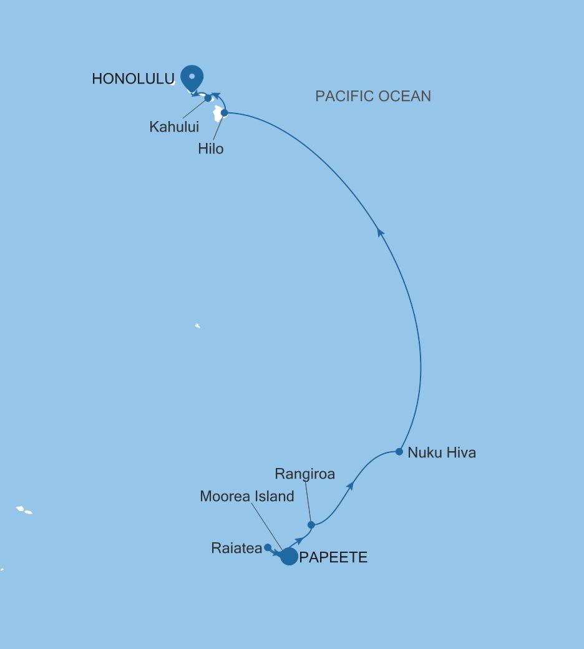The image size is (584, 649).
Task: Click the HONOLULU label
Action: pyautogui.click(x=132, y=79)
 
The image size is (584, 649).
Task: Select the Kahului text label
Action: pyautogui.click(x=174, y=127)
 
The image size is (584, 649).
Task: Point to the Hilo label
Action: pyautogui.click(x=211, y=149)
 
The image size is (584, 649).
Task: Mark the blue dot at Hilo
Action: pyautogui.click(x=225, y=113)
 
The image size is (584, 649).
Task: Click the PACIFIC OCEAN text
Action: pyautogui.click(x=373, y=96)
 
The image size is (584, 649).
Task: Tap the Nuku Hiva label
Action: pyautogui.click(x=442, y=453)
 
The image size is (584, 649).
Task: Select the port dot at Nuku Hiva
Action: pyautogui.click(x=399, y=451)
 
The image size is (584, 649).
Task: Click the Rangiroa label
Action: pyautogui.click(x=304, y=474)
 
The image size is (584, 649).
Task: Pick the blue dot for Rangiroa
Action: pyautogui.click(x=311, y=525)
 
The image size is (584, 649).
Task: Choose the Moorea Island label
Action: pyautogui.click(x=247, y=497)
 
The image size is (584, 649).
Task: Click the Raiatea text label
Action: pyautogui.click(x=236, y=549)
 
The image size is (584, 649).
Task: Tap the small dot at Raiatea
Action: pyautogui.click(x=268, y=547)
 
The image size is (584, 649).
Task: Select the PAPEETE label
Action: pyautogui.click(x=333, y=558)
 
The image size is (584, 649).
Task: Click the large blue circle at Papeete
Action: pyautogui.click(x=289, y=556)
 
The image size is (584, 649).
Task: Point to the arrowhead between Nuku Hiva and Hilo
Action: pyautogui.click(x=381, y=233)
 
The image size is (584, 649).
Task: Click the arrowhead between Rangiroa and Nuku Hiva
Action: pyautogui.click(x=351, y=485)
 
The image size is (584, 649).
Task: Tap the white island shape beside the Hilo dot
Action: pyautogui.click(x=218, y=114)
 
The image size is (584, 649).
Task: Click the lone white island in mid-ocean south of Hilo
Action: pyautogui.click(x=197, y=325)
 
